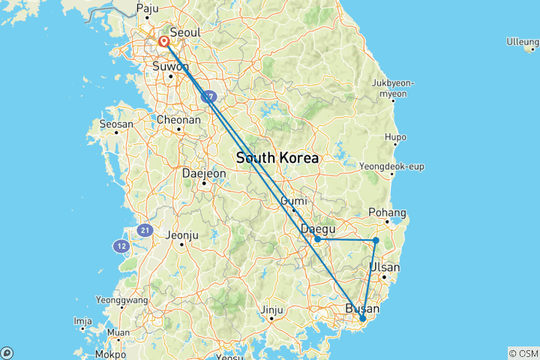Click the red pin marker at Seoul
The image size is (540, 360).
click(163, 42)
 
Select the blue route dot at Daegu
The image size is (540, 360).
click(318, 239)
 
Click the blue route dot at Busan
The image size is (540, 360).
click(363, 319)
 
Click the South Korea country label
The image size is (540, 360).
click(277, 159)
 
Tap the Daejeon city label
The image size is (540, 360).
click(204, 172)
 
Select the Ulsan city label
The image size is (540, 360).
click(385, 267)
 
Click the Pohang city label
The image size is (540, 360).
click(388, 213)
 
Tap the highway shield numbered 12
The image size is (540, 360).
click(121, 245)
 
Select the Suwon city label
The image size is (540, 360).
click(170, 65)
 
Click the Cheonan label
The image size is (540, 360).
click(178, 119)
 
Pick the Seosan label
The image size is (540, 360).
click(116, 124)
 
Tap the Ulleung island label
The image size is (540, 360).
click(522, 41)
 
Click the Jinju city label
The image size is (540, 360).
click(271, 310)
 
